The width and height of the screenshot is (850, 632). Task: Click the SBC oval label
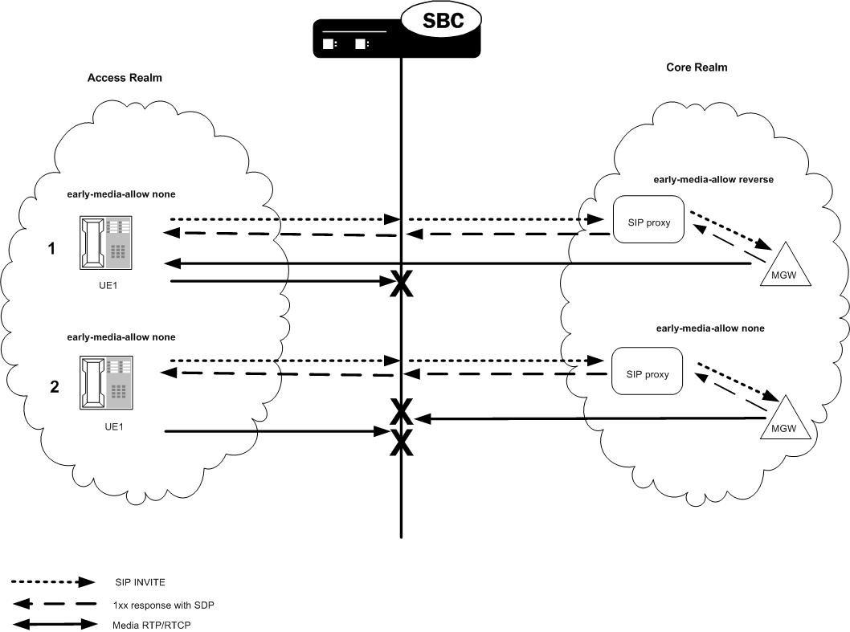(443, 21)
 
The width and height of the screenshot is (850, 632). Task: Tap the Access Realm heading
(125, 78)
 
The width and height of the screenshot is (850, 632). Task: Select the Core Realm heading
(697, 67)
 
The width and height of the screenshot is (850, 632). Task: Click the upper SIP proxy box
(648, 219)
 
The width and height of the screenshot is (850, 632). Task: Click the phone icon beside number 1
(106, 242)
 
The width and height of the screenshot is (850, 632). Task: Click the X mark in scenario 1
(401, 283)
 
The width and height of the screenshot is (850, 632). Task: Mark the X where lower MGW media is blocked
(401, 413)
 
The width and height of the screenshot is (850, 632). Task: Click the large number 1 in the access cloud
(51, 249)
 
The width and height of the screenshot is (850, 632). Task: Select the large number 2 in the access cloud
(54, 387)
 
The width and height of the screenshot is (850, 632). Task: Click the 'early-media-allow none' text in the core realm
(710, 328)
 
